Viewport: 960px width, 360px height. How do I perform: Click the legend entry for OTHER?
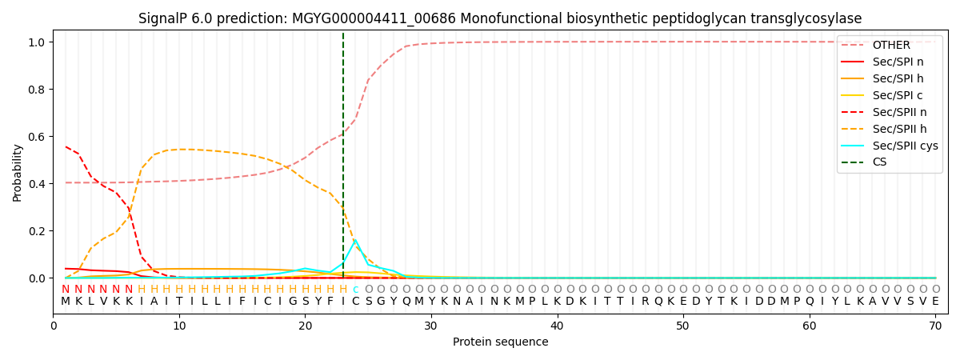(890, 46)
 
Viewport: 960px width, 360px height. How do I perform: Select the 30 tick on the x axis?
(430, 326)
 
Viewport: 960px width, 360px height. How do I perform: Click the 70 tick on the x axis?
(935, 326)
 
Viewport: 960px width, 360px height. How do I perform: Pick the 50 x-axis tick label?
(682, 326)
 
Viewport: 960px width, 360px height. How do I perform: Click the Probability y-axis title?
(18, 172)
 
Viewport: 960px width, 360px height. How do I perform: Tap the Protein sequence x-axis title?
(500, 342)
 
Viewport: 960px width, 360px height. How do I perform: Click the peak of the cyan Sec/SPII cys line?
(355, 240)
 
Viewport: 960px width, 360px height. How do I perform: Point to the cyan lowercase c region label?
(355, 290)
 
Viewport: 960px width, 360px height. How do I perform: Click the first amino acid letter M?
(66, 302)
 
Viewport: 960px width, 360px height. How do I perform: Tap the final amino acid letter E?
(935, 302)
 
